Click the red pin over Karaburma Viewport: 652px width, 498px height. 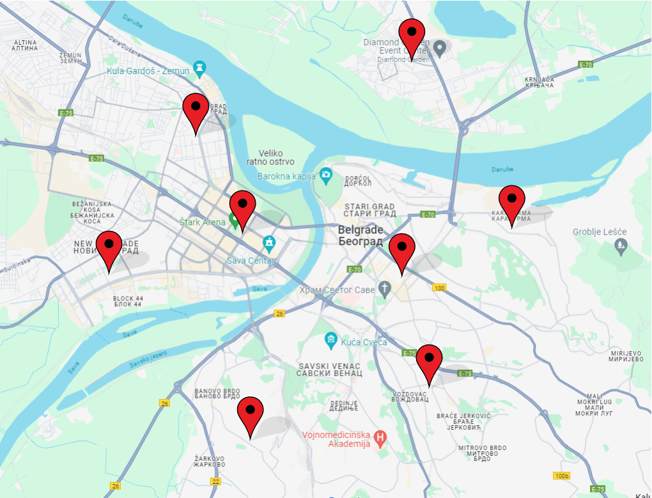coord(511,199)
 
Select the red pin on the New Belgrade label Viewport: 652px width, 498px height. coord(109,245)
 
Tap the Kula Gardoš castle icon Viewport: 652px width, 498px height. coord(201,66)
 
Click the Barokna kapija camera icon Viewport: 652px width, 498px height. coord(327,174)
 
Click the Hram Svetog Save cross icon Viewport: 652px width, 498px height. coord(384,290)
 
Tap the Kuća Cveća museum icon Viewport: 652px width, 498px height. coord(330,339)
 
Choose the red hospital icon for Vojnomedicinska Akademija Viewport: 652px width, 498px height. coord(381,439)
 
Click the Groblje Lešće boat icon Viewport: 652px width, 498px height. coord(621,244)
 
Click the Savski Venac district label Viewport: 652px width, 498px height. coord(330,370)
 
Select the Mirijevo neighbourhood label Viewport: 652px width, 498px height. coord(626,356)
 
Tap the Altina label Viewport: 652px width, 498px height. coord(25,45)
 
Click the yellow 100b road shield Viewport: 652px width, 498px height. coord(561,476)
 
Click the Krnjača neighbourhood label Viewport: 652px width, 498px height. coord(538,82)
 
